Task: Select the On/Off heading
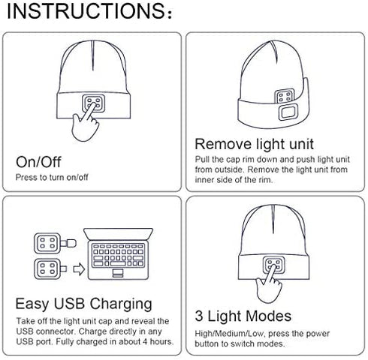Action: (x=39, y=162)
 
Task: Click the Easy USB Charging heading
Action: (x=84, y=304)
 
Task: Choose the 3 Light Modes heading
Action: (x=243, y=316)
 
